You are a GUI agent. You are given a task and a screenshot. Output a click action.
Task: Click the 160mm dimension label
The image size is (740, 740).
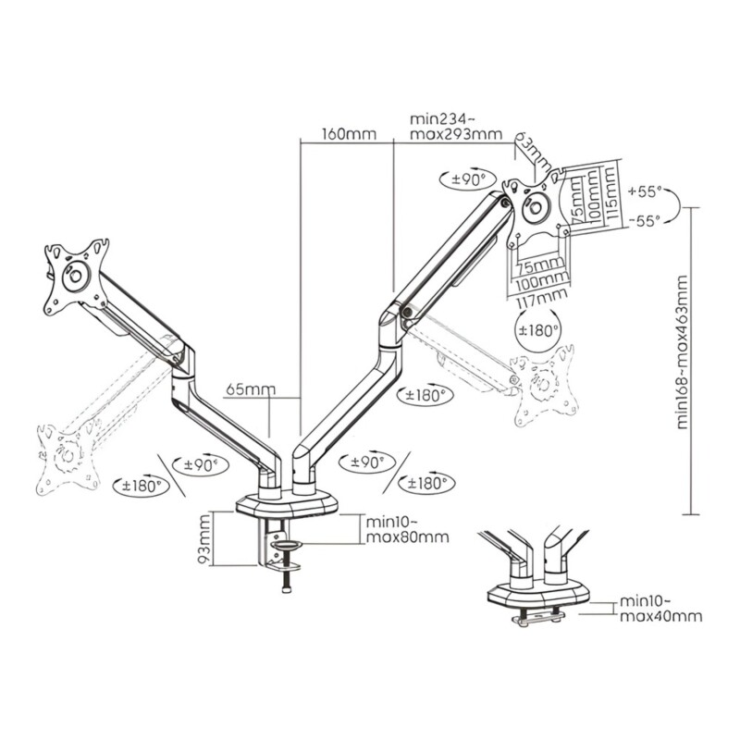click(350, 134)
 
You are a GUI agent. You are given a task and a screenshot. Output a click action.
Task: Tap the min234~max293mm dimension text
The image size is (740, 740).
click(456, 127)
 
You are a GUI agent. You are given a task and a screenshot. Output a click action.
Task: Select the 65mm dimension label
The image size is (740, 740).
click(251, 389)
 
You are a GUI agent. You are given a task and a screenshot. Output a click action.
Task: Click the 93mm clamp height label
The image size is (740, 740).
click(204, 539)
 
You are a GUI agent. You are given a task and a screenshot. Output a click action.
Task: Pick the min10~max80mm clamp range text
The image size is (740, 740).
click(408, 529)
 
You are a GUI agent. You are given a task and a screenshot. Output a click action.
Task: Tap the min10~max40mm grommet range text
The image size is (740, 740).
click(660, 609)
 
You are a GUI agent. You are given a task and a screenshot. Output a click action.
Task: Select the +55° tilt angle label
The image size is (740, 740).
click(645, 191)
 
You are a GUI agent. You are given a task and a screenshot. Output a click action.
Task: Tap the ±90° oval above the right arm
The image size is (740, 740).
click(468, 179)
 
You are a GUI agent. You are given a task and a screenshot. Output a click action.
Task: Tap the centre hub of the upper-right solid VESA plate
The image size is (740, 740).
click(536, 206)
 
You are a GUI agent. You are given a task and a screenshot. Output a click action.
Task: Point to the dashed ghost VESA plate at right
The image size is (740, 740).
click(546, 385)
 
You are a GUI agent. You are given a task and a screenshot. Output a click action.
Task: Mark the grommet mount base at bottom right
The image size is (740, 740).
click(538, 595)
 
